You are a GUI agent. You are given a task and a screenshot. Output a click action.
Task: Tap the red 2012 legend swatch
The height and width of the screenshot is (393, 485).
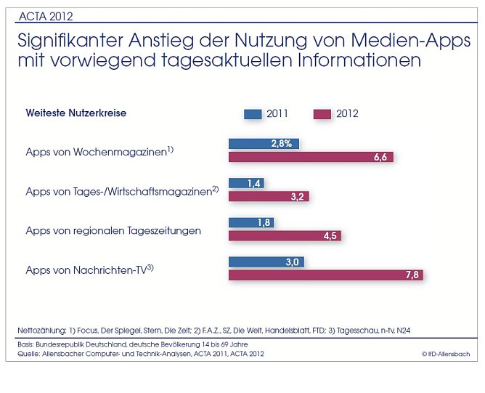322,113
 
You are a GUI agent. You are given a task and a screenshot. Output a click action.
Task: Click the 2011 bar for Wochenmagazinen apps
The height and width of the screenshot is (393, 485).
264,144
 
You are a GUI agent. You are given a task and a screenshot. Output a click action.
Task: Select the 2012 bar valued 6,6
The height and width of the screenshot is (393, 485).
311,157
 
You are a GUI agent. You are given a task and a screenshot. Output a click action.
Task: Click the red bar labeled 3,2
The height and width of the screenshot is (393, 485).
269,196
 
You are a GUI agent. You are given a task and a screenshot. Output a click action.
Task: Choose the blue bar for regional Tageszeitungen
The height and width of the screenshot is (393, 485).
250,222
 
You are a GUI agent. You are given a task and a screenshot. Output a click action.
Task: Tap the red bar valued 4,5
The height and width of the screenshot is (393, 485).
285,235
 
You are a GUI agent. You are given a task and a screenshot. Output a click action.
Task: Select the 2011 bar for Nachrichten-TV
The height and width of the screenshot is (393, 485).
266,262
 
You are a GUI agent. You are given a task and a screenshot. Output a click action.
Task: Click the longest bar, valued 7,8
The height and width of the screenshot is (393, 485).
325,275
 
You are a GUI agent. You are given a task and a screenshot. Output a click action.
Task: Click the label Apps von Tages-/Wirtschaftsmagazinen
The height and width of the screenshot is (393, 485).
119,191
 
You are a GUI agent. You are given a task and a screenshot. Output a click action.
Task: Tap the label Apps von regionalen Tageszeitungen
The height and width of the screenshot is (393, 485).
113,230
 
